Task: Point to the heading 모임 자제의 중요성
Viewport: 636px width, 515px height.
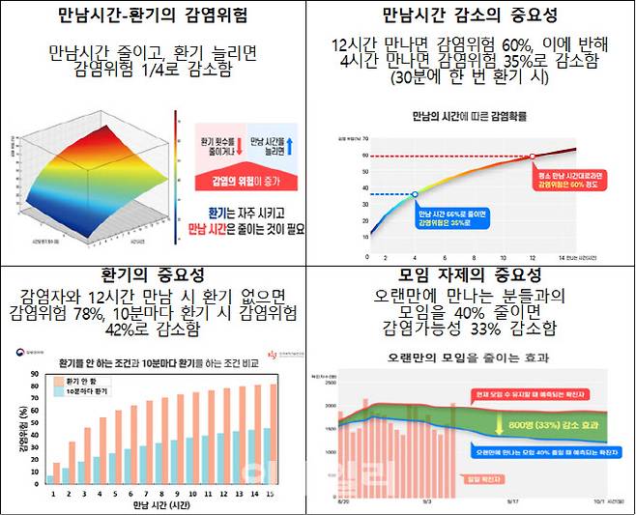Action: tap(472, 275)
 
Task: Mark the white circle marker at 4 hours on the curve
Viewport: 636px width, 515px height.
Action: tap(416, 194)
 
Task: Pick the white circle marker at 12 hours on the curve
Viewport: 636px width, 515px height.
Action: tap(533, 157)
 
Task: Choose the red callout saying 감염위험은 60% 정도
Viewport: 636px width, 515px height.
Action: tap(569, 181)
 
